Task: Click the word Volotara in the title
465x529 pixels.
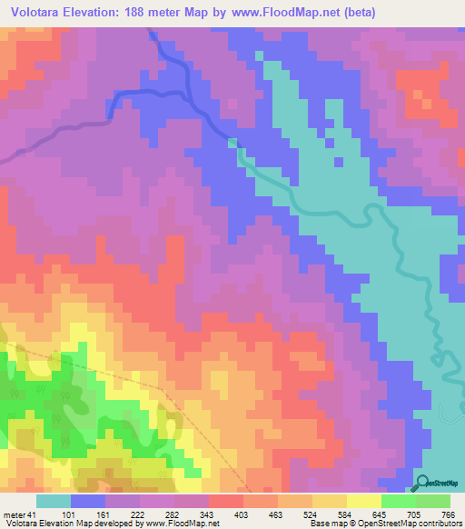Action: click(x=37, y=12)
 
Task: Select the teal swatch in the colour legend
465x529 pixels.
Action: click(x=54, y=501)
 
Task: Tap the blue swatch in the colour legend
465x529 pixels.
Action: click(x=88, y=501)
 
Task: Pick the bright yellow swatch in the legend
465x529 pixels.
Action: click(x=363, y=501)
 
